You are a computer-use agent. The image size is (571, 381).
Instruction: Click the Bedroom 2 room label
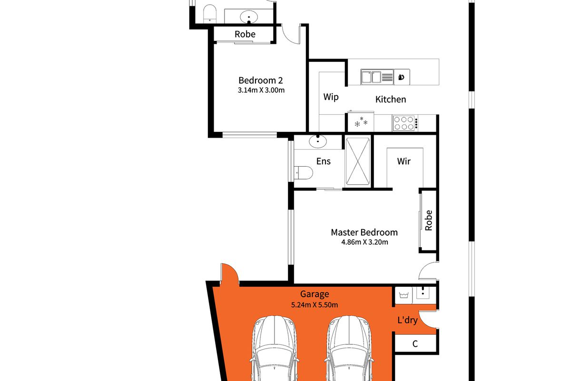pos(261,80)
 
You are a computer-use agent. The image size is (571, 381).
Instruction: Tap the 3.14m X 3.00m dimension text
pos(261,90)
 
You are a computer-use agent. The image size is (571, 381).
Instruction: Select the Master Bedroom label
pos(364,232)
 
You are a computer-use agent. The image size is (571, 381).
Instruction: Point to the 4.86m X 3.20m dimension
pos(364,242)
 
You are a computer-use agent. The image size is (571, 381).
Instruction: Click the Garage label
pos(315,294)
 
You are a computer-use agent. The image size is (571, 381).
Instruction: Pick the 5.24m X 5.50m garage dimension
pos(315,305)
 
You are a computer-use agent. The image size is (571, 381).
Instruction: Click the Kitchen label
pos(391,99)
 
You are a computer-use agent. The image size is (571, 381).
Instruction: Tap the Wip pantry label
pos(331,97)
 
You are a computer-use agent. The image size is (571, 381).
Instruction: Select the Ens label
pos(323,161)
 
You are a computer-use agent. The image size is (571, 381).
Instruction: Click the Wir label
pos(404,161)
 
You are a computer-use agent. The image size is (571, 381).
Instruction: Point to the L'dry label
pos(407,320)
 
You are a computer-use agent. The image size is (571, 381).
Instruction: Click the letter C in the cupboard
pos(415,344)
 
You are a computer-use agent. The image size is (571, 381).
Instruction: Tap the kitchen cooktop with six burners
pos(405,123)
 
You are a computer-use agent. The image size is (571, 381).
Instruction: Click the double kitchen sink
pos(377,77)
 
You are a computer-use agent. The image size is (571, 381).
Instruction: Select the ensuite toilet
pos(304,173)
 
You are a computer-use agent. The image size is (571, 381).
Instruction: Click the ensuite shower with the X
pos(358,161)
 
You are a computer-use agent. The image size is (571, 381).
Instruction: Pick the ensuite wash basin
pos(318,141)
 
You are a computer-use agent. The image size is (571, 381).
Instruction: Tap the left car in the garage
pos(274,349)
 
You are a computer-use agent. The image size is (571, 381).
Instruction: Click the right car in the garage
pos(349,349)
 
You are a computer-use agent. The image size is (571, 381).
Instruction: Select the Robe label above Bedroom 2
pos(245,34)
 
